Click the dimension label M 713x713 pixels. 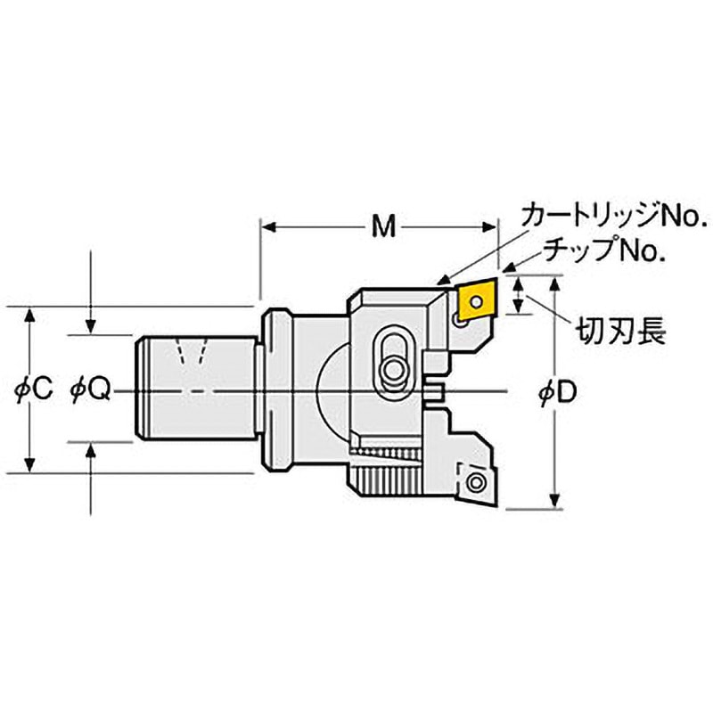[382, 228]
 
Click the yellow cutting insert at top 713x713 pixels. [472, 303]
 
